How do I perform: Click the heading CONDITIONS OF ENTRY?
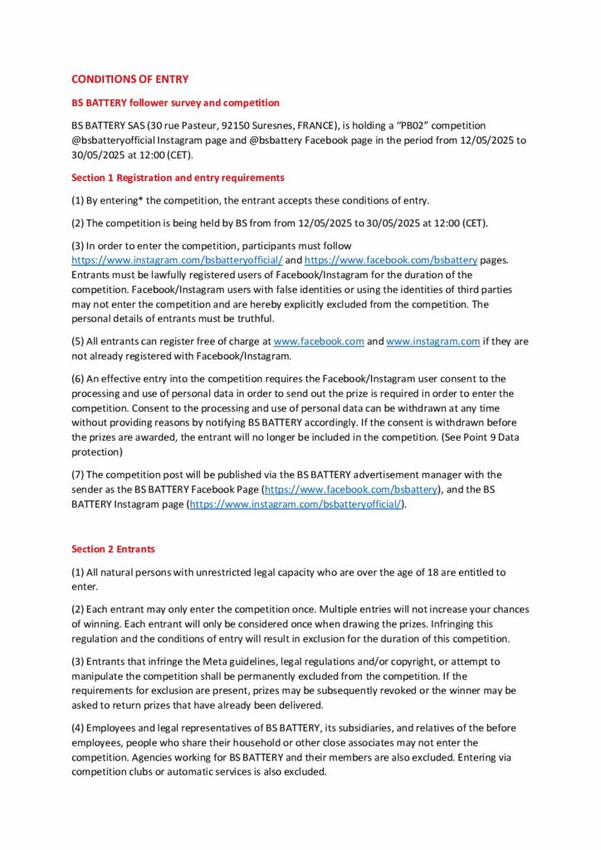click(129, 80)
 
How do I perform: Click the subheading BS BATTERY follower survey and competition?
click(175, 103)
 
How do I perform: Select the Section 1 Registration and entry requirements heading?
click(178, 178)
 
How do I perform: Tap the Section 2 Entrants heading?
click(113, 550)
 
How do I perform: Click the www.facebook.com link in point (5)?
click(319, 341)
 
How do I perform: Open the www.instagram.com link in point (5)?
click(433, 341)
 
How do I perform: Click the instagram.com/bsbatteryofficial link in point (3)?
click(177, 260)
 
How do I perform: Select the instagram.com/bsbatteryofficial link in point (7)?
click(296, 505)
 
